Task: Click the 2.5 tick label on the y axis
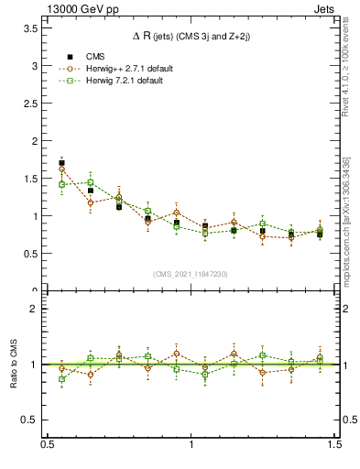[33, 104]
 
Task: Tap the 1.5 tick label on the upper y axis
[33, 180]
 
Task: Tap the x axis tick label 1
[191, 444]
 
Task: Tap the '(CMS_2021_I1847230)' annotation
[191, 274]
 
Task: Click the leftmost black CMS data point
[61, 163]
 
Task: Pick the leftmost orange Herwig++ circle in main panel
[61, 169]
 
